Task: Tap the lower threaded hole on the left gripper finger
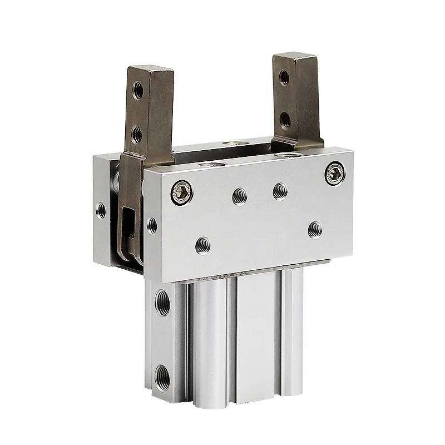136,133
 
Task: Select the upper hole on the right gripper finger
284,77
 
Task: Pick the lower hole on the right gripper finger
284,118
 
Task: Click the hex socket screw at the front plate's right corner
336,174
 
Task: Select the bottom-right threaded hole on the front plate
315,228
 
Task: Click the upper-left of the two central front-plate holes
240,194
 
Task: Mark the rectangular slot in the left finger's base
128,220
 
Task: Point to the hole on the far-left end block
101,210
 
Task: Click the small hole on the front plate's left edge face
152,225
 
